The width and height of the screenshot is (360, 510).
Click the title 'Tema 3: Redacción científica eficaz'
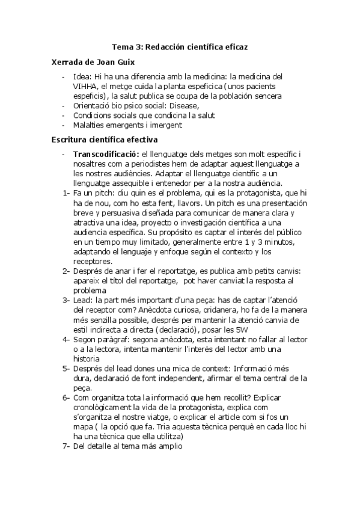click(180, 46)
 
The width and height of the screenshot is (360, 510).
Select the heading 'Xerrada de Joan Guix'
click(93, 62)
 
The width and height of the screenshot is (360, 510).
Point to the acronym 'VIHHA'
click(85, 86)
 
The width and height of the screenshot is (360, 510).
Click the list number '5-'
click(66, 368)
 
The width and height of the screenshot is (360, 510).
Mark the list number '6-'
click(66, 398)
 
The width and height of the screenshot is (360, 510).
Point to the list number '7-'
click(66, 446)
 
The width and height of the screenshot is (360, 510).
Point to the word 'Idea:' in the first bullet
click(82, 76)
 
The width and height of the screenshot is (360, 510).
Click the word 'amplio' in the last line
click(169, 446)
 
